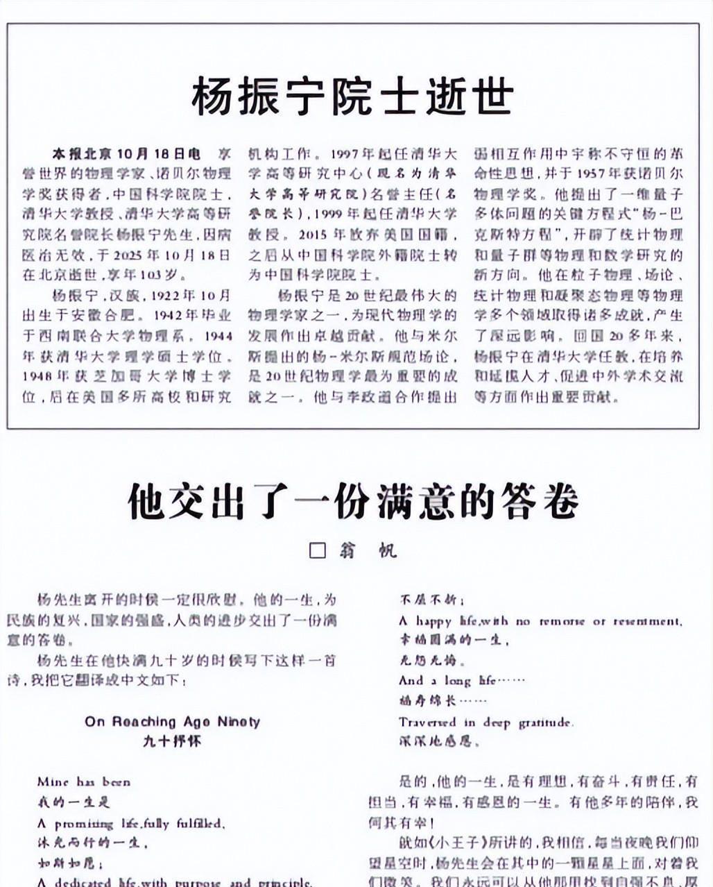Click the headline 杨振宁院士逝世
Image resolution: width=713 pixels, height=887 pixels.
(x=352, y=96)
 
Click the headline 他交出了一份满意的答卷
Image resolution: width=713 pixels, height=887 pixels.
(x=352, y=501)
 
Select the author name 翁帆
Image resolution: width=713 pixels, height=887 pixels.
(x=368, y=551)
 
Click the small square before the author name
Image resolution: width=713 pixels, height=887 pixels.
(x=317, y=551)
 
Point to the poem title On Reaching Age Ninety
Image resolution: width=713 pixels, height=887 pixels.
(x=172, y=722)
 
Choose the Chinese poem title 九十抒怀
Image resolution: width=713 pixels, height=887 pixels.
(x=172, y=741)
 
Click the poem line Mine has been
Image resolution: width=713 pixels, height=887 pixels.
(x=83, y=782)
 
